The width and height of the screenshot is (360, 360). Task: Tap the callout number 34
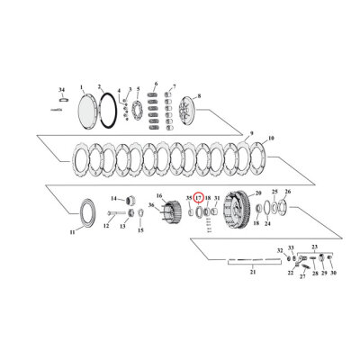click(62, 90)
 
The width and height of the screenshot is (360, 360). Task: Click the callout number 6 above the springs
click(157, 85)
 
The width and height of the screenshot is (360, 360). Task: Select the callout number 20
click(257, 193)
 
